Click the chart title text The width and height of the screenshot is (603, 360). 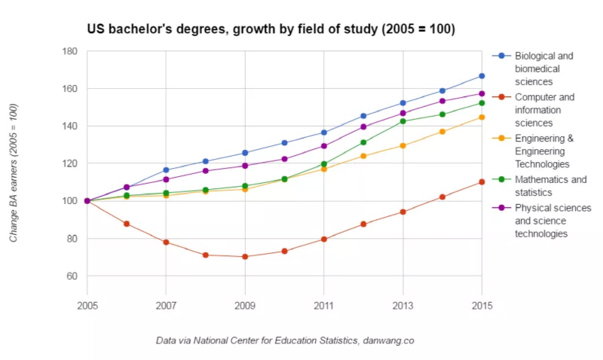pos(271,29)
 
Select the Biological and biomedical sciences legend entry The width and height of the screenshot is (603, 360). pos(543,69)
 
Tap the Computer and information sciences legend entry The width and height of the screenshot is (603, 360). pos(543,109)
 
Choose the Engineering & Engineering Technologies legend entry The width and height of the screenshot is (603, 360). pos(543,151)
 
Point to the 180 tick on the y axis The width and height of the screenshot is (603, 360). pos(70,51)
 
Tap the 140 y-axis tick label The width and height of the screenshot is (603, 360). pos(70,126)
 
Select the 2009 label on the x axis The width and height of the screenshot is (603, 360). pos(245,305)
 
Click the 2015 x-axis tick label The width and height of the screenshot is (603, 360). pos(482,305)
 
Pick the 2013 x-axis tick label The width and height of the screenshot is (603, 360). pos(403,305)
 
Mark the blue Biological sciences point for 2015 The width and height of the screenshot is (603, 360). pos(482,76)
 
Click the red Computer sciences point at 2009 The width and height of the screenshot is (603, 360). pos(245,257)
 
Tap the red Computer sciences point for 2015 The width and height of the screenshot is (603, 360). pos(482,182)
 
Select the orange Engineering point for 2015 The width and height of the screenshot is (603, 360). pos(482,117)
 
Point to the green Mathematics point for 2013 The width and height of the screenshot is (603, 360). pos(403,121)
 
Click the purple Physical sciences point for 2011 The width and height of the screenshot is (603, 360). pos(324,146)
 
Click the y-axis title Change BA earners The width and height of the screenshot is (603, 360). pos(14,172)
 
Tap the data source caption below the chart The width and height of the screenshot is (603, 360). pos(285,340)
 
